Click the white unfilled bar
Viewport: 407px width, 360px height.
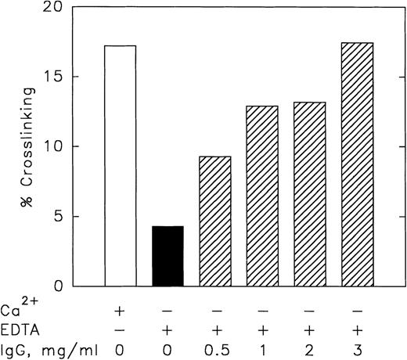[x=120, y=165]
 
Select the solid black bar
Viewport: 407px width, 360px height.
[x=167, y=255]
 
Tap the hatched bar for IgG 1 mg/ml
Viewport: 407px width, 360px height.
[x=262, y=196]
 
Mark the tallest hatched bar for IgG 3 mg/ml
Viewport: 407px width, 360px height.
[x=357, y=164]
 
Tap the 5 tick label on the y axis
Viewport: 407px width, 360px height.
[x=58, y=217]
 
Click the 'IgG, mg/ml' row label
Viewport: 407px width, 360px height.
[x=38, y=346]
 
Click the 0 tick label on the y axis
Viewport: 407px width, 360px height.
[x=58, y=286]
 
